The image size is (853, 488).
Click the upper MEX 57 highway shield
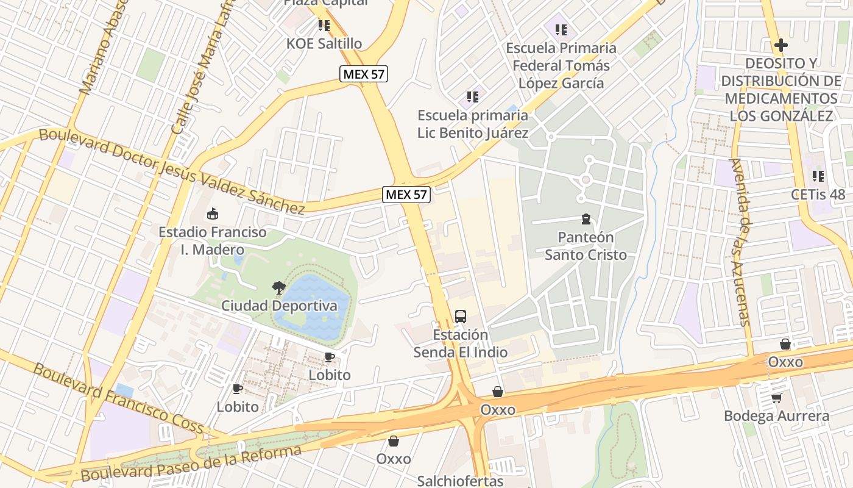point(364,74)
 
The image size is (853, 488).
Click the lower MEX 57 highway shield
point(407,195)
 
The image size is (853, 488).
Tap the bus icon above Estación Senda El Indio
point(461,317)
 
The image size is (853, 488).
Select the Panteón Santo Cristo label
point(586,246)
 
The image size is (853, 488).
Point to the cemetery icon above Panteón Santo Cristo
point(586,218)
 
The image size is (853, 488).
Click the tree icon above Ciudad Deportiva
point(279,287)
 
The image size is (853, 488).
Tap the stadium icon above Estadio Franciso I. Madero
point(213,213)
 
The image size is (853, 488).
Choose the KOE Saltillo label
point(324,43)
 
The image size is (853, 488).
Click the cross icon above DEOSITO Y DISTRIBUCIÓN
point(780,45)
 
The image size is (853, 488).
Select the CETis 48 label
point(818,195)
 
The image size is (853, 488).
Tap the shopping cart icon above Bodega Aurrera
point(776,398)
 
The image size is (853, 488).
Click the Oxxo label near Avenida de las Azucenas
point(785,362)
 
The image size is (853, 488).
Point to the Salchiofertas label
point(460,481)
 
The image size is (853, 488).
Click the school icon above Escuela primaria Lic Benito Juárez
point(472,96)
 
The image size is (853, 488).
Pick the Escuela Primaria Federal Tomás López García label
point(561,65)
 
